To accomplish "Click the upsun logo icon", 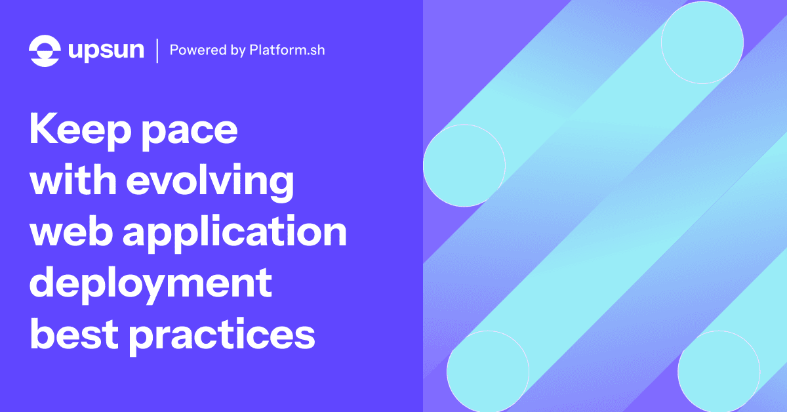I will (x=45, y=50).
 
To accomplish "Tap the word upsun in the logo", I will (x=106, y=51).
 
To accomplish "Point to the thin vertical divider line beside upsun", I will (x=157, y=51).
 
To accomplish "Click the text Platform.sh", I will (x=287, y=51).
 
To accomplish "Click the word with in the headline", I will (x=71, y=180).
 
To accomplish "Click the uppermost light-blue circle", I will (x=702, y=42).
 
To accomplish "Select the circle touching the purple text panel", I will (x=464, y=165).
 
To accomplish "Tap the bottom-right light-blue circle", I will (x=719, y=371).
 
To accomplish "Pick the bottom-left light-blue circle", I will (x=488, y=371).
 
